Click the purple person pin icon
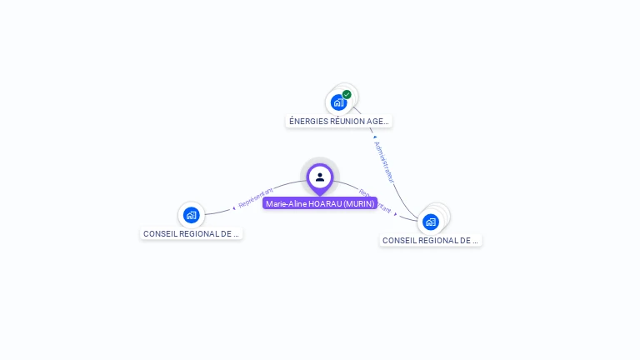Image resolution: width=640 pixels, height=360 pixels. (x=320, y=177)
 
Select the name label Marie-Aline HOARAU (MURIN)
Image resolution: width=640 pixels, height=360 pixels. (x=320, y=203)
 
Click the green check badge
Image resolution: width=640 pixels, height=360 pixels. (x=347, y=94)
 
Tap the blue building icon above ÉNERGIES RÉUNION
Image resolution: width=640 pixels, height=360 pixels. (x=337, y=102)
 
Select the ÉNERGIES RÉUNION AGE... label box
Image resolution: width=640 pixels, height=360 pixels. (x=338, y=121)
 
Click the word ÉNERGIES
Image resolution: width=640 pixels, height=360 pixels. (x=307, y=121)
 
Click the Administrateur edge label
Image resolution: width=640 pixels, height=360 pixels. (x=384, y=162)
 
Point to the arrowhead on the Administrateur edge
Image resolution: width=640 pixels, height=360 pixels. (x=375, y=137)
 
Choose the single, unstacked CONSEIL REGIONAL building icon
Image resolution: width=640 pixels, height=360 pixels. (x=191, y=215)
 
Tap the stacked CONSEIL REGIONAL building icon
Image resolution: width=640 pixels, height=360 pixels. (x=431, y=222)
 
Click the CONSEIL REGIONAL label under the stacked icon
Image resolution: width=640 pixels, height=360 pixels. (x=431, y=240)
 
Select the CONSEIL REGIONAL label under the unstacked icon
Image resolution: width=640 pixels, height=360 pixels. (x=191, y=233)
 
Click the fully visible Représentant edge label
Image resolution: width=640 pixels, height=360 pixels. (x=256, y=198)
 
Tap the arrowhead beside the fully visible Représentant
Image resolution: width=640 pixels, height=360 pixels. (x=234, y=207)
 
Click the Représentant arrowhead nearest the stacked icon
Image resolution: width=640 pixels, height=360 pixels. (x=396, y=213)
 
